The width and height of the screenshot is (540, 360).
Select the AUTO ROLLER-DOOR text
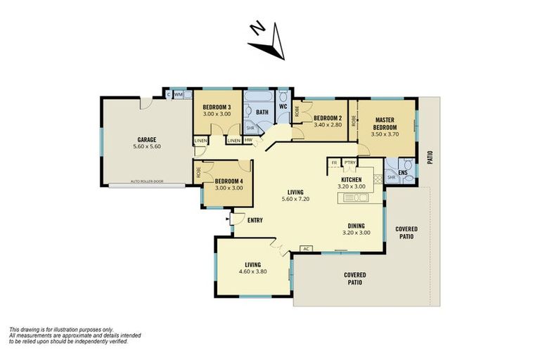click(x=147, y=182)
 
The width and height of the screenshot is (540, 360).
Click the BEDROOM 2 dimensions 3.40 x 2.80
click(x=327, y=125)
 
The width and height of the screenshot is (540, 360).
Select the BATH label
click(x=262, y=112)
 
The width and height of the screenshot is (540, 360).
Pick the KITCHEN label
click(x=352, y=179)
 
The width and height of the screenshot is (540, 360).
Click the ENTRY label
click(x=255, y=220)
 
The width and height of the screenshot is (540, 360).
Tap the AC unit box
click(x=306, y=248)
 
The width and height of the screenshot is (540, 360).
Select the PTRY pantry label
click(x=349, y=163)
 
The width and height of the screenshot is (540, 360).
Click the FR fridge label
click(x=334, y=163)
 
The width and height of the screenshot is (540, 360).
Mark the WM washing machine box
click(x=178, y=94)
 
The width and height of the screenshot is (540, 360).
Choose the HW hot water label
click(x=248, y=140)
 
